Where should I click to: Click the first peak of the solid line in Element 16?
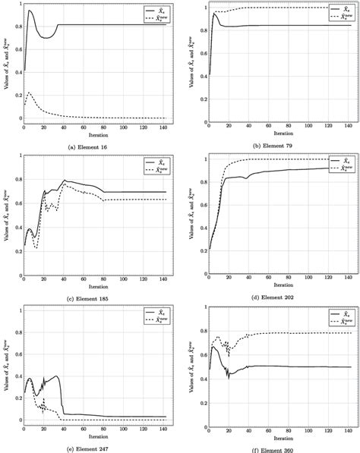[x=29, y=11]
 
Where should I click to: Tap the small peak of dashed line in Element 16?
[x=29, y=93]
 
